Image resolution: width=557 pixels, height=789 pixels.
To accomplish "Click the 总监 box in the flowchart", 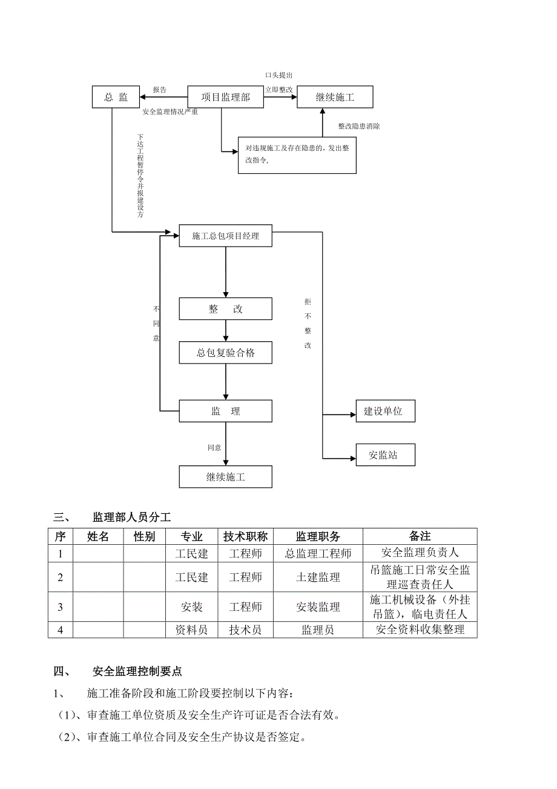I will (x=116, y=97).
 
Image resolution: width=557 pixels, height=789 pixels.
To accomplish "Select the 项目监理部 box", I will (x=225, y=97).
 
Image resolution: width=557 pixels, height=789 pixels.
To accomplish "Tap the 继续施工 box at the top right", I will (x=335, y=97).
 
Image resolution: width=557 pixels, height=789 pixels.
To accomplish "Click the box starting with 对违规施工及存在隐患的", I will (x=297, y=155).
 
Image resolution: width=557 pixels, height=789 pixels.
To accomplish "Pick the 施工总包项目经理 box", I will (x=225, y=236).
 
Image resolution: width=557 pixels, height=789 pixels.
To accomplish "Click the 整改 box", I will (x=225, y=309).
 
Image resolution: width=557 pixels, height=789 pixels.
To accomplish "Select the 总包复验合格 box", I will (x=225, y=353).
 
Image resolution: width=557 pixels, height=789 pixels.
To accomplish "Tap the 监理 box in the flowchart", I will (x=225, y=411).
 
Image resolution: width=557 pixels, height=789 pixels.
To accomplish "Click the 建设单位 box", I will (x=383, y=411).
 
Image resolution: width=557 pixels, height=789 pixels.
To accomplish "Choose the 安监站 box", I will (x=383, y=455).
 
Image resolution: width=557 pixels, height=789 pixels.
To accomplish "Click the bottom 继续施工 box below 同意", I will (x=225, y=477).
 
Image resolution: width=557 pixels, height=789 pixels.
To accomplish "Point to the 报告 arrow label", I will (x=160, y=90).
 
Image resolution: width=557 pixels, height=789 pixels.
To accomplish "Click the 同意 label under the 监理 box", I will (x=214, y=447).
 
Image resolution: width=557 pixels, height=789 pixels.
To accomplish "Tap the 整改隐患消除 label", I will (x=359, y=126).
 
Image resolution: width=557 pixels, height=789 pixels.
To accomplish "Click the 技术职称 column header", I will (x=245, y=536).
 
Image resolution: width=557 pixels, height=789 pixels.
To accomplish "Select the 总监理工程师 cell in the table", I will (x=318, y=553).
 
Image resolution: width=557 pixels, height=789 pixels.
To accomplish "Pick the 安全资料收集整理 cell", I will (x=420, y=630).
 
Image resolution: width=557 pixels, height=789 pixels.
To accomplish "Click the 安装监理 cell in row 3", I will (x=318, y=607).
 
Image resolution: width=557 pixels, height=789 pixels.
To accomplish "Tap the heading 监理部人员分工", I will (x=131, y=517).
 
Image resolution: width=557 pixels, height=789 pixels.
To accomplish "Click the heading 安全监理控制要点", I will (x=137, y=671).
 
